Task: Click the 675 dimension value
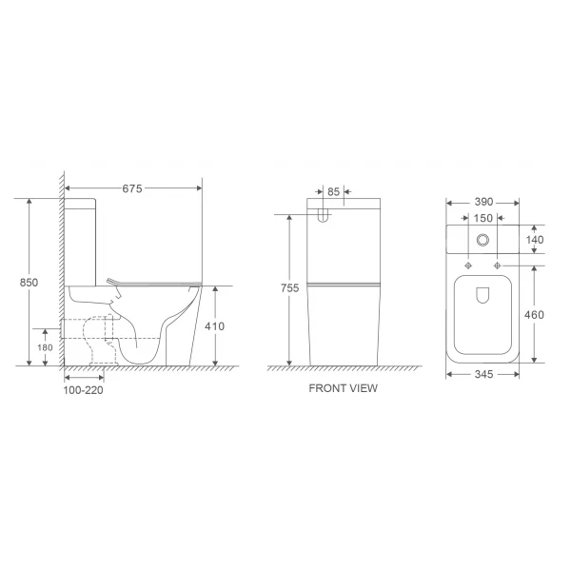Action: click(132, 188)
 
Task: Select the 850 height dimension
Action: click(30, 282)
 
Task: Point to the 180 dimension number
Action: click(45, 347)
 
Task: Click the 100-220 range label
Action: click(83, 389)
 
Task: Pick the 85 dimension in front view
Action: click(332, 190)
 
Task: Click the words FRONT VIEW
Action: click(344, 388)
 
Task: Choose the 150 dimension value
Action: click(482, 219)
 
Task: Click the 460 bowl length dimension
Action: click(535, 314)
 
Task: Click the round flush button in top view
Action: click(482, 242)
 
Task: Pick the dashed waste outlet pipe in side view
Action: click(98, 338)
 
